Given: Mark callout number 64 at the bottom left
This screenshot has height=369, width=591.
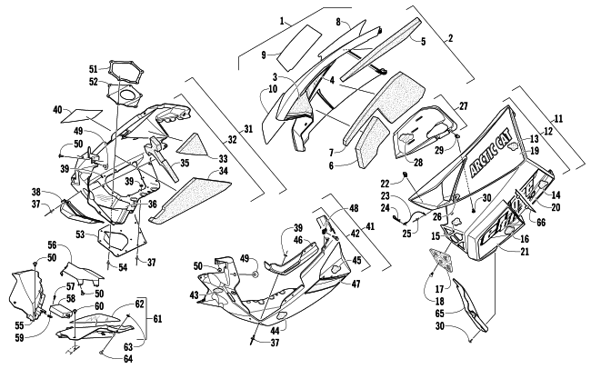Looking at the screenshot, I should pos(129,358).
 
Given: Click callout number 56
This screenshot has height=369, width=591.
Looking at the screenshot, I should pos(53,245).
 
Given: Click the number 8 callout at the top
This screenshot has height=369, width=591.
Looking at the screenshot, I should pos(338,21).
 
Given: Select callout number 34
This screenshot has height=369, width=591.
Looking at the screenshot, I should pos(224,171).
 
